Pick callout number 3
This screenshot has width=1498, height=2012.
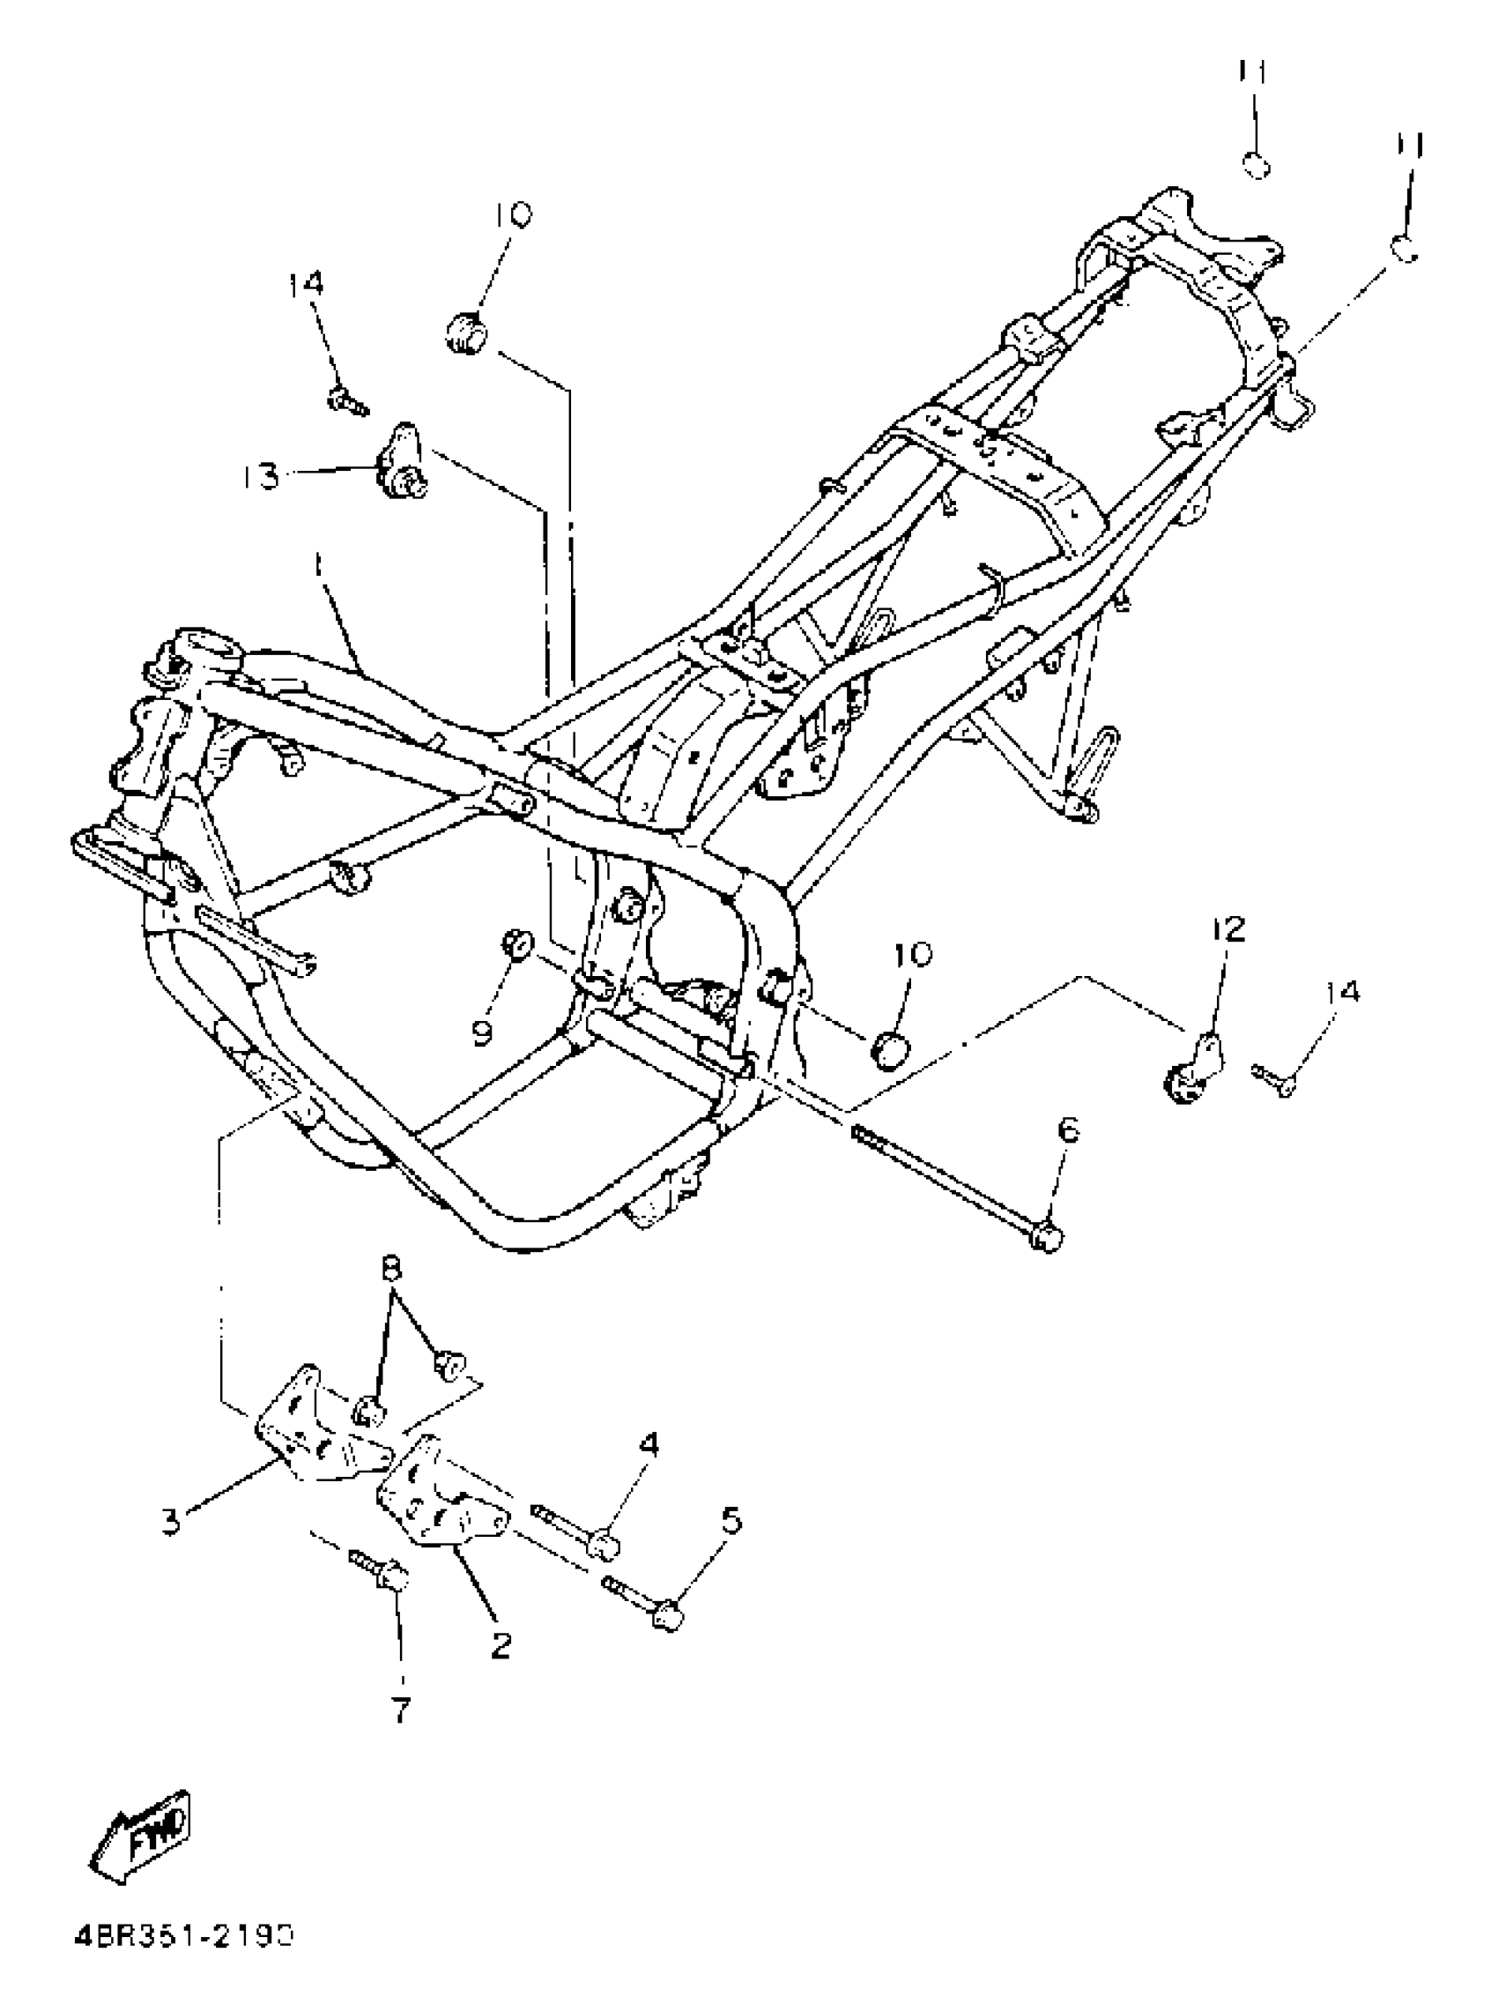point(170,1520)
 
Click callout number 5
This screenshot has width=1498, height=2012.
point(730,1519)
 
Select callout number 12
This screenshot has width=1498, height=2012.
point(1228,930)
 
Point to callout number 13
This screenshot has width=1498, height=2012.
point(262,476)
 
